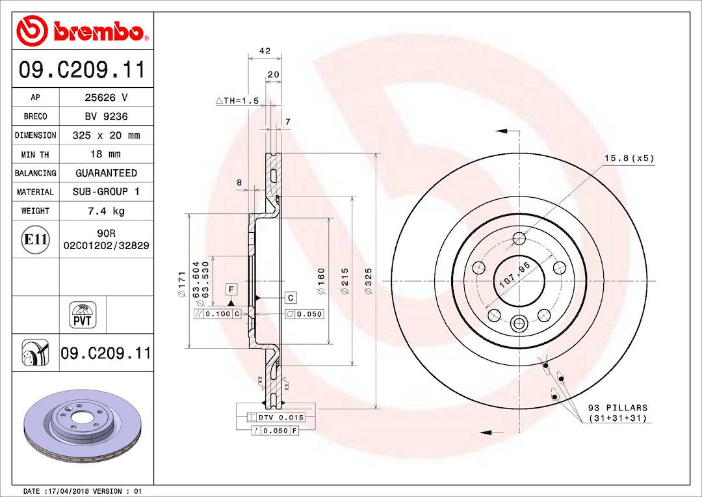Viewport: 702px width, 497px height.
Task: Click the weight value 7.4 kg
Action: pos(106,211)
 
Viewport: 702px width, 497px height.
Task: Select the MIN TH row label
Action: pos(35,155)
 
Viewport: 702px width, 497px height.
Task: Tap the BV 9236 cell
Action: pos(106,116)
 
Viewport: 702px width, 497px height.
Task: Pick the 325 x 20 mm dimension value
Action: pos(106,135)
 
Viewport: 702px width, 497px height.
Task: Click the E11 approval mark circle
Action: pos(35,239)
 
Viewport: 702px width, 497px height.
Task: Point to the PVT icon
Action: pos(83,315)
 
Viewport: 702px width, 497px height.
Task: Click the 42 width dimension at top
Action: pos(265,51)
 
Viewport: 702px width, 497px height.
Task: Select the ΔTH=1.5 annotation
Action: pos(237,101)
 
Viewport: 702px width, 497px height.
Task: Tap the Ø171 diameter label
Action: pos(182,283)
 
